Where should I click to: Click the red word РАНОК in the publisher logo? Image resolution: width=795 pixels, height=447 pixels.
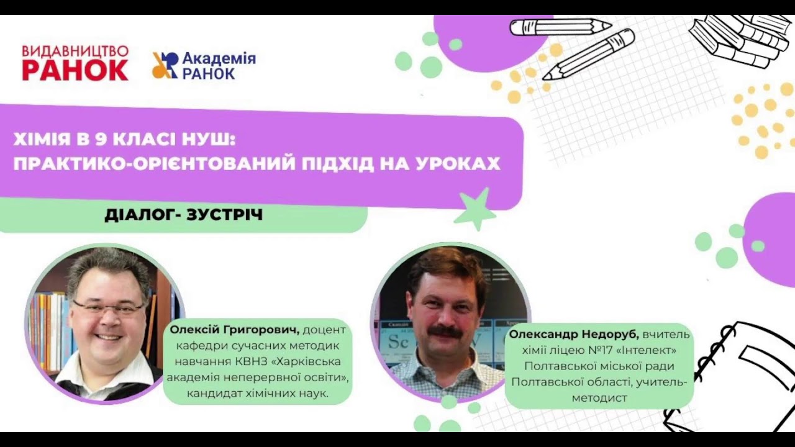(75, 70)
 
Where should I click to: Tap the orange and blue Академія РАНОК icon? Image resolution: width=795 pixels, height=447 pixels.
(165, 65)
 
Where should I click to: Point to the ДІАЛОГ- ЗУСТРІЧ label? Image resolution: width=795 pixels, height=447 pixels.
(184, 215)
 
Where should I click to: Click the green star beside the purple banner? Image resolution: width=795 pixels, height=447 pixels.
(476, 210)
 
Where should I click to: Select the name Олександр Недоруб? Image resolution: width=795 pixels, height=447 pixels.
(574, 335)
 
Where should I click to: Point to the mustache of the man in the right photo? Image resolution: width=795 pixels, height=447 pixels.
(445, 332)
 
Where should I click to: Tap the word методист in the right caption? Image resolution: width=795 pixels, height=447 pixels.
(601, 397)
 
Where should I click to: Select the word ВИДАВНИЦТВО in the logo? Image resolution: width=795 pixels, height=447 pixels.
(75, 51)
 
